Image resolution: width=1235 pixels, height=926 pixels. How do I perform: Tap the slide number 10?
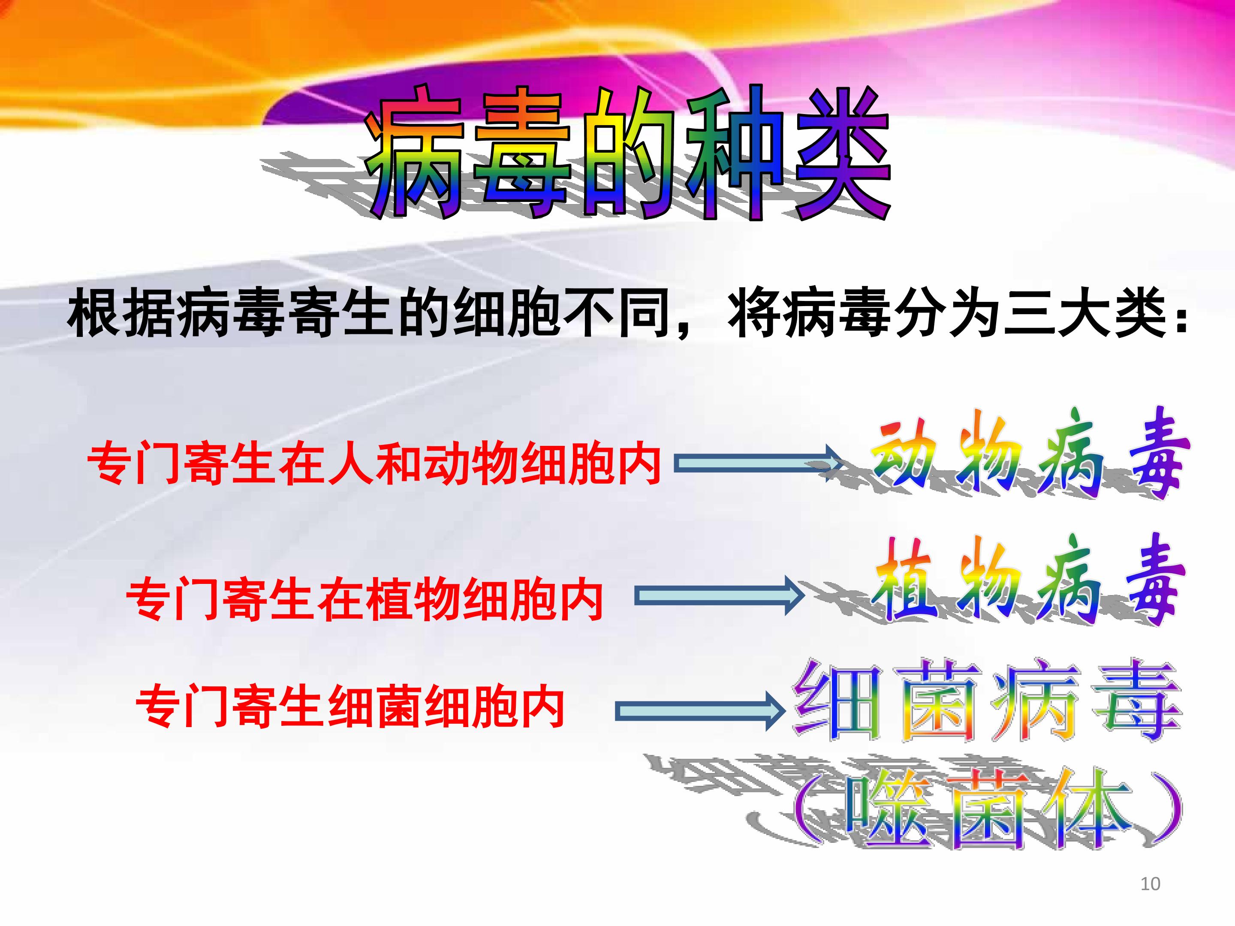pyautogui.click(x=1150, y=884)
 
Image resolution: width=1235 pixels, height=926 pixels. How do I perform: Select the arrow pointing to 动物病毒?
pyautogui.click(x=760, y=463)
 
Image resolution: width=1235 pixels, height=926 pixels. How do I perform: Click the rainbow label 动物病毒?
pyautogui.click(x=1030, y=454)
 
